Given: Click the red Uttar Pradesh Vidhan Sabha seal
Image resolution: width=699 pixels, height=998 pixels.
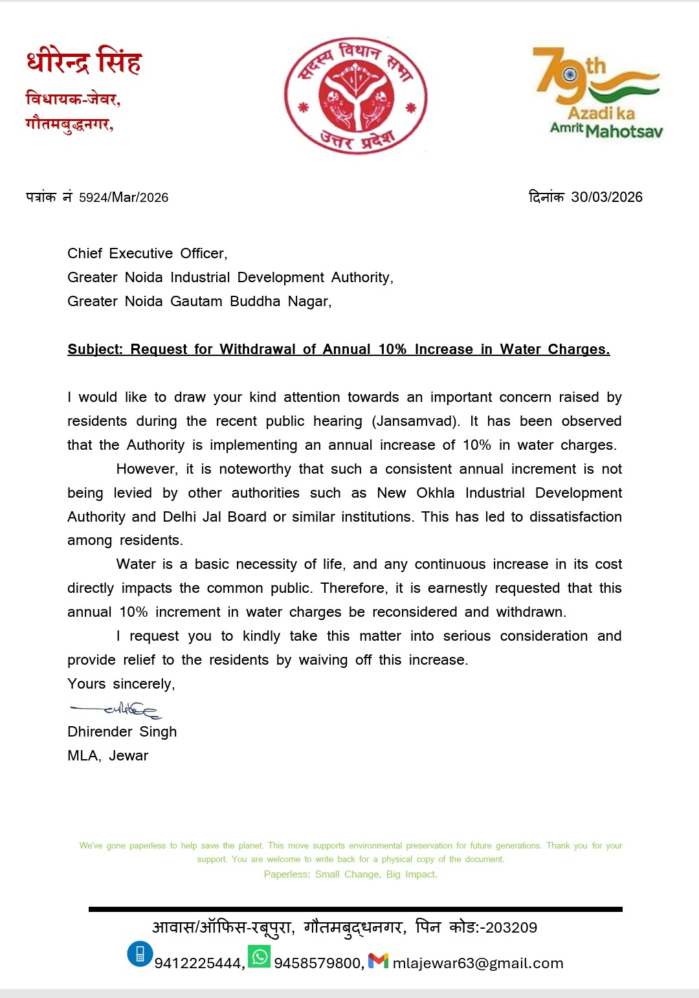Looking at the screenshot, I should [x=355, y=96].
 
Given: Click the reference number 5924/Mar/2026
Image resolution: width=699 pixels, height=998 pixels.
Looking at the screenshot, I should [x=124, y=197].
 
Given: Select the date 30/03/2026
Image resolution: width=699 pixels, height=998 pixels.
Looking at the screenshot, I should [x=606, y=197].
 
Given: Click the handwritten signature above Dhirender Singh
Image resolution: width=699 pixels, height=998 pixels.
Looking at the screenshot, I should [x=116, y=711].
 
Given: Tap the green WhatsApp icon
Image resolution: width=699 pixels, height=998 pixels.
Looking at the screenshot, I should [x=260, y=956].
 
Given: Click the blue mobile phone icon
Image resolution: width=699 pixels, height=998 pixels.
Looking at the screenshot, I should [x=140, y=954].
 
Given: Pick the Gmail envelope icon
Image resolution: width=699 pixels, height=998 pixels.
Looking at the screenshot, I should [x=378, y=960].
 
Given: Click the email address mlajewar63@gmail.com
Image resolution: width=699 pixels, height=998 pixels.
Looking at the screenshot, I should [x=478, y=963].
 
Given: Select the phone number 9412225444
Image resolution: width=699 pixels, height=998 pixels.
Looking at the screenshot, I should [x=198, y=963].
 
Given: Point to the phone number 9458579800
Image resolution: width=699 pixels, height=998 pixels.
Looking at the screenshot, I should [x=317, y=963].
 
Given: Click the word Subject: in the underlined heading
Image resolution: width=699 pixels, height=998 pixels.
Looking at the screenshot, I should [x=95, y=349].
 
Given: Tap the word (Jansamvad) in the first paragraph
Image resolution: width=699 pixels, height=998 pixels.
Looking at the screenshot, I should [x=416, y=421].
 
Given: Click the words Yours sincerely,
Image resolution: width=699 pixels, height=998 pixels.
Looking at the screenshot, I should [x=121, y=684].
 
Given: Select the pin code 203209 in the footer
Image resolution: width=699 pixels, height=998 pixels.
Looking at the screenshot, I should [x=511, y=927].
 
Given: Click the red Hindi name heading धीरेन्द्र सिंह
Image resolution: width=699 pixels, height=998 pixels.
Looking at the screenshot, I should [x=84, y=62].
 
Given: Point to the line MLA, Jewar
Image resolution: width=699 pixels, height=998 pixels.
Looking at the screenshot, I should [x=108, y=756].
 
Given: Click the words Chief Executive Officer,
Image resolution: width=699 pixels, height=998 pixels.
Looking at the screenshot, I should [x=148, y=254].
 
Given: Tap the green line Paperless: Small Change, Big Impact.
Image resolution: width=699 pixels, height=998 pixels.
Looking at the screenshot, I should [x=350, y=874].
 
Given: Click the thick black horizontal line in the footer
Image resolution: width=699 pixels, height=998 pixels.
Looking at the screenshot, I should [x=355, y=909].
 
